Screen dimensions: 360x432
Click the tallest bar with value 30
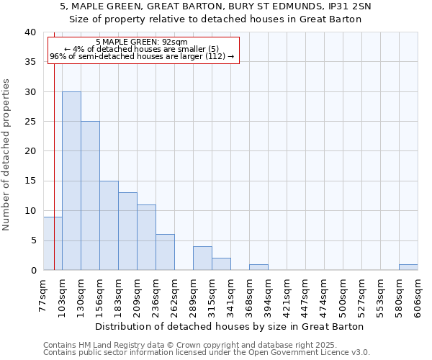[71, 181]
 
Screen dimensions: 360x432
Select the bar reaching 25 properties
[90, 196]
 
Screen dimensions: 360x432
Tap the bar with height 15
[109, 225]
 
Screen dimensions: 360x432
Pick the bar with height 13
[127, 231]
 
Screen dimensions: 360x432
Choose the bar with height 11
[146, 238]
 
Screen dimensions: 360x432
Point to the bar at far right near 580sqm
[408, 267]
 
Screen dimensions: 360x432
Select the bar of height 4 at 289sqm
[202, 258]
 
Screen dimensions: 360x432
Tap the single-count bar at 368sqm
[258, 267]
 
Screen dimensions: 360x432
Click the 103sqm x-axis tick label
[63, 295]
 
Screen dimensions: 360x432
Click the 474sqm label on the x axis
[325, 295]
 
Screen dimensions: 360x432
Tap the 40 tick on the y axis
[30, 32]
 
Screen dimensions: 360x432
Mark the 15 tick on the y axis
[30, 181]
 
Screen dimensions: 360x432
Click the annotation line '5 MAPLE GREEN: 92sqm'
[142, 42]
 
